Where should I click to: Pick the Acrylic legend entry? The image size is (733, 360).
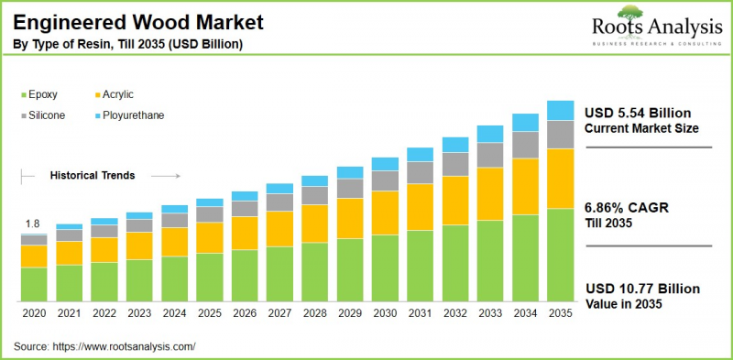tap(122, 93)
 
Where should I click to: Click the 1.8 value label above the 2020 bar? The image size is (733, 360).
tap(32, 224)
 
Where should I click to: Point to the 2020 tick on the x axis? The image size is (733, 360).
tap(34, 313)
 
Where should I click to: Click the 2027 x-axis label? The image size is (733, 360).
tap(279, 313)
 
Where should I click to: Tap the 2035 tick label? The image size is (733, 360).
tap(560, 313)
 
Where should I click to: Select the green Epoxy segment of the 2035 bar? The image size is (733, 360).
tap(560, 256)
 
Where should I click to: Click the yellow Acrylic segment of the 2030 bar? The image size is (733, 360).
tap(385, 213)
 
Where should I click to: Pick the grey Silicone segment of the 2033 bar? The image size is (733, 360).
tap(490, 155)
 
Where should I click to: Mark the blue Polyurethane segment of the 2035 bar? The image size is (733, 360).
tap(560, 110)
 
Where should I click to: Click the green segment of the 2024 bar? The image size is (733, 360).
tap(174, 278)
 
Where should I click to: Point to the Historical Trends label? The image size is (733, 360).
tap(93, 175)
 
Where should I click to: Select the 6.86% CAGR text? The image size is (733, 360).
tap(628, 208)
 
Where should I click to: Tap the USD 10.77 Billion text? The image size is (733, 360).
tap(641, 289)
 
